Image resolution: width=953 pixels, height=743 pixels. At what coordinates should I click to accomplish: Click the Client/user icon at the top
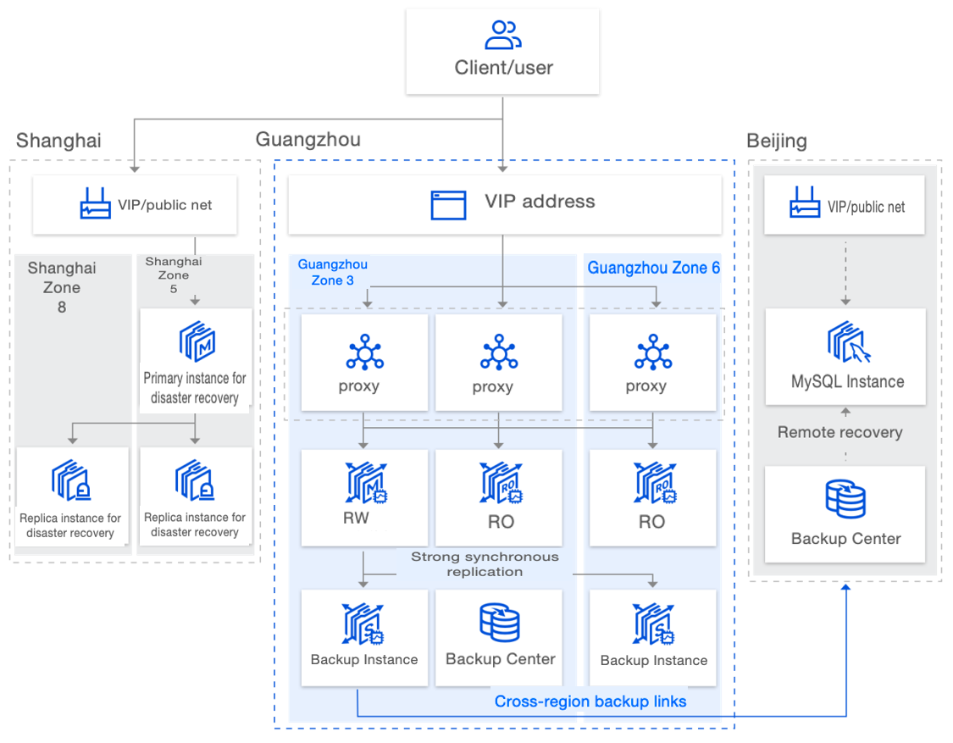click(x=502, y=35)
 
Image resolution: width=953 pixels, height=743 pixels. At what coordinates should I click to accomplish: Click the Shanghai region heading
click(x=58, y=141)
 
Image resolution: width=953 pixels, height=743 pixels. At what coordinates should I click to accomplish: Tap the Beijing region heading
click(x=776, y=141)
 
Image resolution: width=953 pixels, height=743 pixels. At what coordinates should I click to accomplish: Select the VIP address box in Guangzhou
click(x=505, y=203)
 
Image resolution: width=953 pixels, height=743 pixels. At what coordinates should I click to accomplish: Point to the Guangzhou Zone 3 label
click(x=332, y=273)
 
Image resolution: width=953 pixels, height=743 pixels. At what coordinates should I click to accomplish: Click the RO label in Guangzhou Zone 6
click(x=651, y=522)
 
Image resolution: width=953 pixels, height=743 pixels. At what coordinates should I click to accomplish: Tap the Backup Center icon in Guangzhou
click(x=500, y=623)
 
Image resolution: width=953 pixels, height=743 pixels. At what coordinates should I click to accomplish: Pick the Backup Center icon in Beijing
click(x=845, y=499)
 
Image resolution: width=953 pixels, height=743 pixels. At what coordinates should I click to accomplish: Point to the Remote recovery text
click(x=839, y=432)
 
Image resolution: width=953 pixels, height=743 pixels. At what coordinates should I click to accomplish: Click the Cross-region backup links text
click(x=590, y=701)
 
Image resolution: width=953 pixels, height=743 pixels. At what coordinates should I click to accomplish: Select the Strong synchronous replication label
click(x=485, y=564)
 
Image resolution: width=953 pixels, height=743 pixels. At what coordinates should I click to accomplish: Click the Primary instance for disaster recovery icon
click(x=197, y=341)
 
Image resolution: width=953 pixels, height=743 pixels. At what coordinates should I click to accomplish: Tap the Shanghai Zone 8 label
click(x=62, y=287)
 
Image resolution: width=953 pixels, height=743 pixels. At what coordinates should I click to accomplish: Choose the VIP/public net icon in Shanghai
click(x=95, y=204)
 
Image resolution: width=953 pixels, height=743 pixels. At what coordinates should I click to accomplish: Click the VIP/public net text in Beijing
click(x=866, y=207)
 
